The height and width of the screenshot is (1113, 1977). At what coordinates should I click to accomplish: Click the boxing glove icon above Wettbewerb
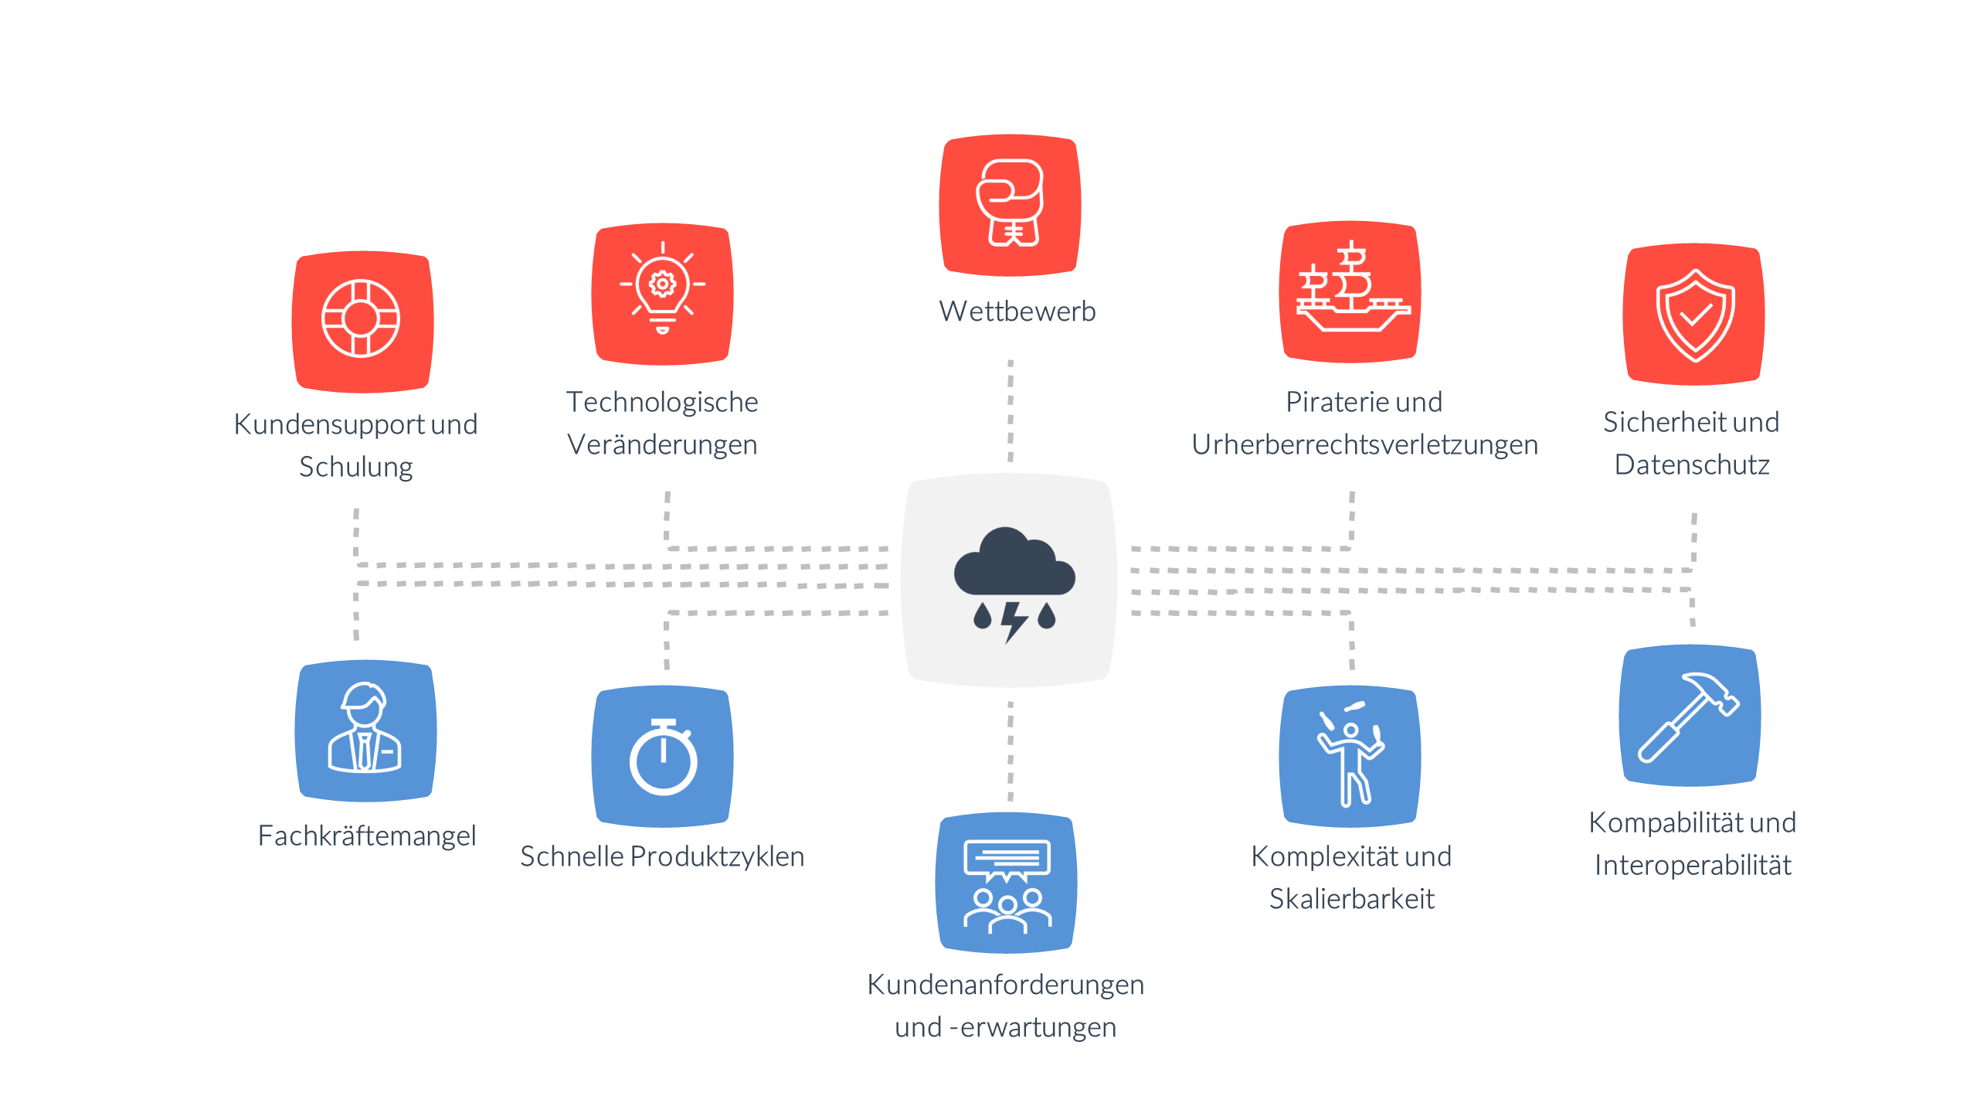tap(1010, 204)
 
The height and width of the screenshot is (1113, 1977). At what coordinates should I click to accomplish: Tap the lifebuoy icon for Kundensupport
tap(361, 319)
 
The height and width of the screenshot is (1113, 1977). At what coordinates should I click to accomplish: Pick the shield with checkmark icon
tap(1694, 315)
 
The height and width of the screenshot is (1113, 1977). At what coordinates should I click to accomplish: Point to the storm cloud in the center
tap(1013, 562)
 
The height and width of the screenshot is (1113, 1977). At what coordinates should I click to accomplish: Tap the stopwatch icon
tap(663, 757)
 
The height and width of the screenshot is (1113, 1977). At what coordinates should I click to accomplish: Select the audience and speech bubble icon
tap(1007, 885)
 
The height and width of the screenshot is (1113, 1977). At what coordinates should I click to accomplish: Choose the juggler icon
tap(1350, 756)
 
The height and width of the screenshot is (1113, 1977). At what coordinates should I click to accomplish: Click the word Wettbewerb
tap(1017, 311)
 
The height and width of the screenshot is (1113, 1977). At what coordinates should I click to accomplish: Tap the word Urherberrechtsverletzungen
tap(1364, 445)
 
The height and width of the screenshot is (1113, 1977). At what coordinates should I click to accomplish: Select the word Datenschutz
tap(1692, 465)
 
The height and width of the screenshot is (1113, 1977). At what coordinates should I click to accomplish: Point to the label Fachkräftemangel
tap(366, 836)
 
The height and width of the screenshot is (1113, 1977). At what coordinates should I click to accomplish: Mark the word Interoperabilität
tap(1692, 866)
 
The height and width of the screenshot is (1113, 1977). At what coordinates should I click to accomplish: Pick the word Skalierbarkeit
tap(1351, 900)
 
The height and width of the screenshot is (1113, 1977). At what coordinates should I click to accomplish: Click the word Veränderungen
tap(662, 445)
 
